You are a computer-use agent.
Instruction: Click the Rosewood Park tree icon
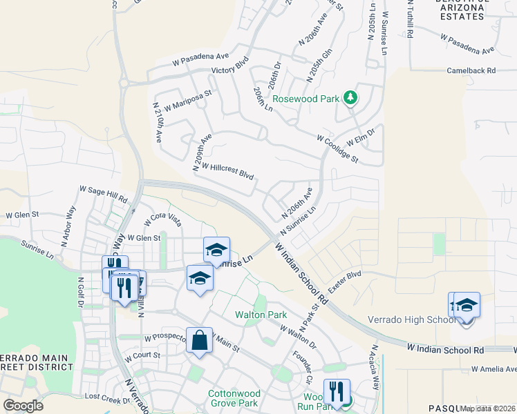pos(350,98)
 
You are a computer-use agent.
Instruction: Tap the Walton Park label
pos(261,315)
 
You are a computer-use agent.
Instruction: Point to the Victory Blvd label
pos(229,70)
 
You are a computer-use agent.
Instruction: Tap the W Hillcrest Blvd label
pos(227,171)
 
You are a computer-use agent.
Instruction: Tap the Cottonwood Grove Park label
pos(233,398)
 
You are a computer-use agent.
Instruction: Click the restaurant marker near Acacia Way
pos(337,391)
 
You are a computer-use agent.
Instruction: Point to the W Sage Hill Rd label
pos(104,193)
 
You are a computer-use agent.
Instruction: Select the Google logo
pos(23,405)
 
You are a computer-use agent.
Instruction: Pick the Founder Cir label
pos(303,368)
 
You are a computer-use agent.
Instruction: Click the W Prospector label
pos(167,339)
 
